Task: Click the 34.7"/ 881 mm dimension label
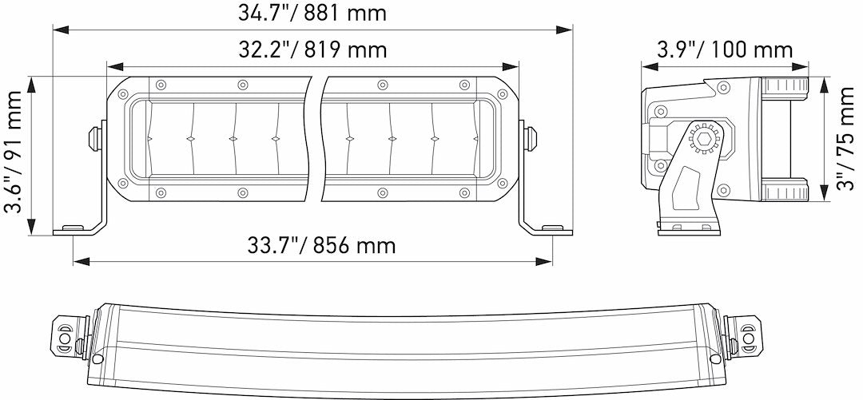312,13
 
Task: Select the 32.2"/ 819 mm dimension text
312,50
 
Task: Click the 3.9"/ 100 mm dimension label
725,50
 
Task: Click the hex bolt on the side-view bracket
704,138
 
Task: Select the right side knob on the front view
529,137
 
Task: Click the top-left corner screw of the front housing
123,94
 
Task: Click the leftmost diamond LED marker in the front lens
149,139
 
